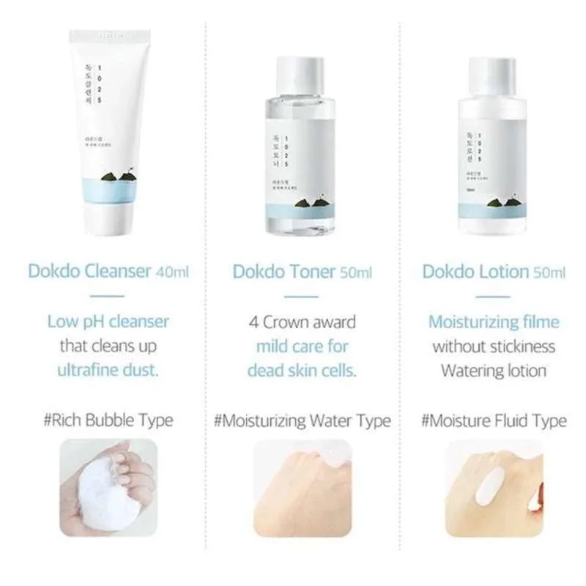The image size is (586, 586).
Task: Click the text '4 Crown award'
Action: click(x=302, y=322)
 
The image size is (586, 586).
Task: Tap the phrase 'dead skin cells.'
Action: click(x=302, y=369)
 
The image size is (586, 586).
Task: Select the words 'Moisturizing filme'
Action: click(x=494, y=322)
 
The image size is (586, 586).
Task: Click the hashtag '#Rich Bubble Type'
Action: click(x=108, y=420)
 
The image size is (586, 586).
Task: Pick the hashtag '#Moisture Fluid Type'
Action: click(x=494, y=420)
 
